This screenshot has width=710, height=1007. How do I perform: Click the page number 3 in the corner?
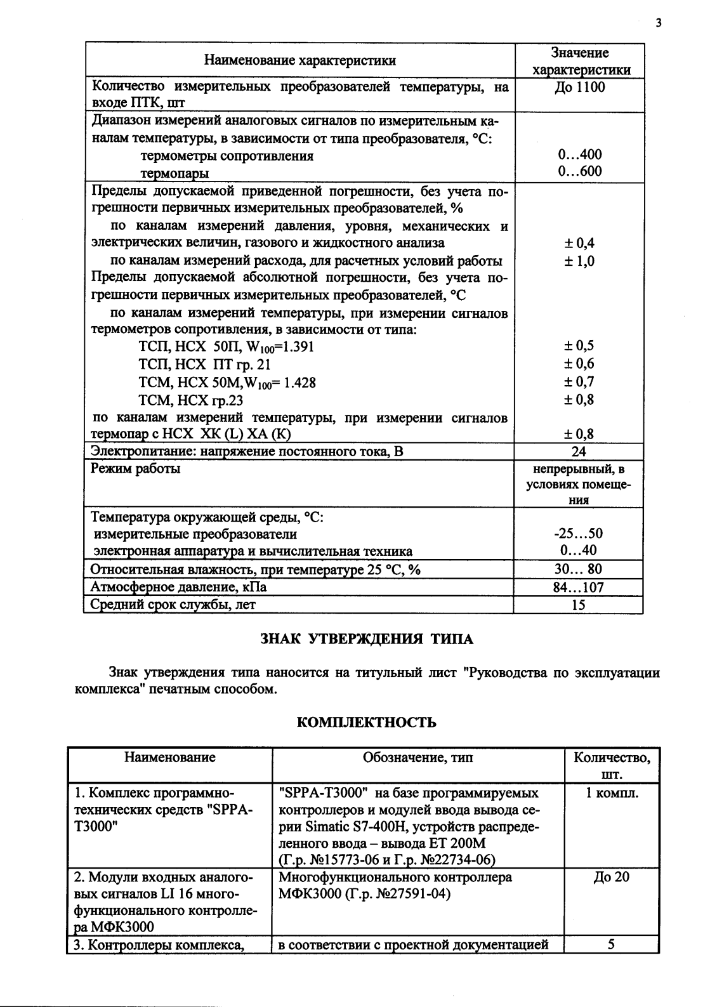tap(659, 23)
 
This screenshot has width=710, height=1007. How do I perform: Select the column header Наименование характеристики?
tap(299, 61)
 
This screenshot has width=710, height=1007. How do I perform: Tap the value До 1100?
tap(579, 88)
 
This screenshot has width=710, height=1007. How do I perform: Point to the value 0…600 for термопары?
tap(579, 171)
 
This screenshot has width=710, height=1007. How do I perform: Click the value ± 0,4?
tap(579, 243)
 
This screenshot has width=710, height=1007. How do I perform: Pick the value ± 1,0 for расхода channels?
tap(579, 261)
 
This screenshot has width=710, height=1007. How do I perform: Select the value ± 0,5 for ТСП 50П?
tap(579, 346)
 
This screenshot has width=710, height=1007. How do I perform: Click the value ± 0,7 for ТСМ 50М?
tap(579, 382)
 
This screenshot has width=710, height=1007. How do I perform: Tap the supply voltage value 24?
tap(579, 452)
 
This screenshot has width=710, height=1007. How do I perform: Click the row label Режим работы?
tap(136, 469)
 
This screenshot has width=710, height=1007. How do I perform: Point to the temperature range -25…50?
tap(579, 534)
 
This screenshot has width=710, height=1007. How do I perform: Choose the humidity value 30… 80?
tap(579, 569)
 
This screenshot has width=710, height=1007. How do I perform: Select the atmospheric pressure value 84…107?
tap(579, 588)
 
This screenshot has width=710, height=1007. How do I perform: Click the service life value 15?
tap(579, 605)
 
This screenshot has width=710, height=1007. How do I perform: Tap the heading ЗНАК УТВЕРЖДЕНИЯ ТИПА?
tap(367, 639)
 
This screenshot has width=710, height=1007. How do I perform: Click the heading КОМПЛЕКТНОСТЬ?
tap(367, 723)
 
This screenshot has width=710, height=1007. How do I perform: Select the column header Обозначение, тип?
tap(417, 758)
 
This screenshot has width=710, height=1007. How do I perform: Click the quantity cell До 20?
tap(612, 878)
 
